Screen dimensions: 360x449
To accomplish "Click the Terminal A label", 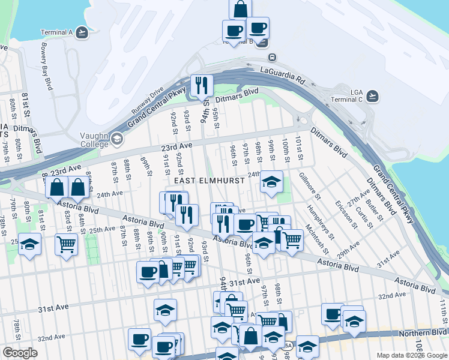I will tap(56, 32).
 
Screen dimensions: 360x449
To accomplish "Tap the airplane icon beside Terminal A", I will tap(82, 32).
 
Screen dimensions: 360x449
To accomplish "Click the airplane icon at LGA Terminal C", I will tap(373, 95).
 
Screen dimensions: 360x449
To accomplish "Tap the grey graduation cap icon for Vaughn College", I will tap(116, 140).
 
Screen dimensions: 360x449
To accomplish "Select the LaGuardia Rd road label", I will tap(283, 75).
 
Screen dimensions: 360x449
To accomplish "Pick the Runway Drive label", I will tap(148, 103).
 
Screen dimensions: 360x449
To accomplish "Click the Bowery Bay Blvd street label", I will tap(46, 65).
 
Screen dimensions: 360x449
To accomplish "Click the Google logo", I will tap(20, 352).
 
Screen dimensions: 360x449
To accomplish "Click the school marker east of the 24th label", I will tap(271, 182).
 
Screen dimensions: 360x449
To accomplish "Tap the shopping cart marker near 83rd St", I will tap(66, 244).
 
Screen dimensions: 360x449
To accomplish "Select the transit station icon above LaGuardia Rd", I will tap(273, 58).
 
